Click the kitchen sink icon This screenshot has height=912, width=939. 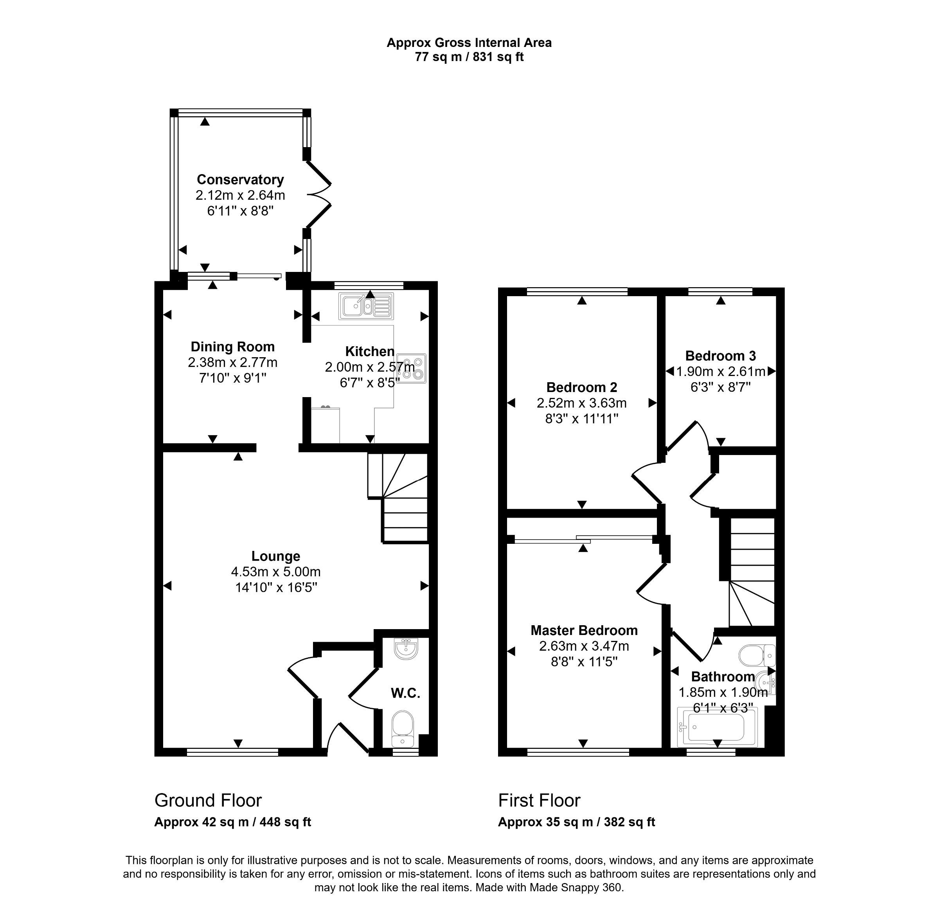pos(366,306)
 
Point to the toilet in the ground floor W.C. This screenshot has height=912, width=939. pos(403,729)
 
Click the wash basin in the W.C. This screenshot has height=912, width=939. pos(406,649)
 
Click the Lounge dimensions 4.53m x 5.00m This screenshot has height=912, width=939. pos(275,572)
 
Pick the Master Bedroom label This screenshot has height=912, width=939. pos(583,630)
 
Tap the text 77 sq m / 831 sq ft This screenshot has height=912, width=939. pos(469,57)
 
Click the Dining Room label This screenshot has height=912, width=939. pos(232,347)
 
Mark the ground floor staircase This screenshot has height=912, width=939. pos(404,498)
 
